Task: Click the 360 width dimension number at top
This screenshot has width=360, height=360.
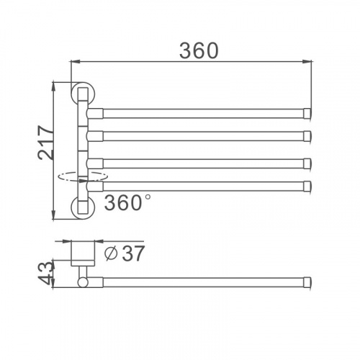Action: [199, 50]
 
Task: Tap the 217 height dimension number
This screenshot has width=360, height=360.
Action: [45, 143]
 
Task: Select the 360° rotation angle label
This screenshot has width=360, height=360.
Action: [127, 202]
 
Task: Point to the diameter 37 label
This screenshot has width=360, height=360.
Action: [125, 253]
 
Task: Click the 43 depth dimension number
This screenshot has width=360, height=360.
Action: [45, 273]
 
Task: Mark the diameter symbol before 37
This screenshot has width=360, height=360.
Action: [111, 253]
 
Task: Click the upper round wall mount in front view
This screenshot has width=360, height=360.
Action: [84, 93]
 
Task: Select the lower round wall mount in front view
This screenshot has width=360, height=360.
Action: [84, 207]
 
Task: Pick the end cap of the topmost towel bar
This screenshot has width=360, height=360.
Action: [307, 113]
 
